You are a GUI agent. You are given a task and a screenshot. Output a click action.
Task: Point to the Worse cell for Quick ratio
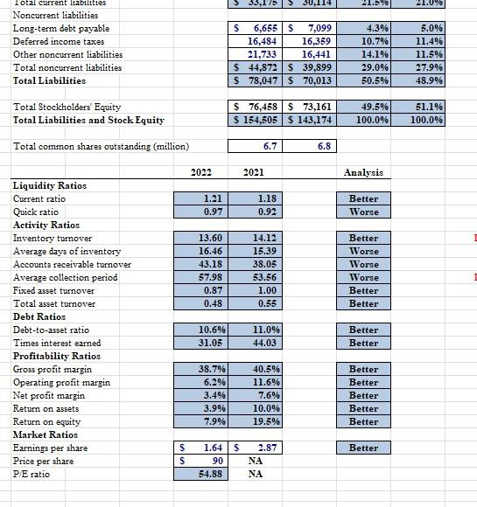[363, 212]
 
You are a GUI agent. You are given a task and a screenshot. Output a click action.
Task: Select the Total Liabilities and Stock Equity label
[88, 120]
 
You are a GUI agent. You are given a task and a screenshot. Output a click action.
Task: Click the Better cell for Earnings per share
[363, 448]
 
